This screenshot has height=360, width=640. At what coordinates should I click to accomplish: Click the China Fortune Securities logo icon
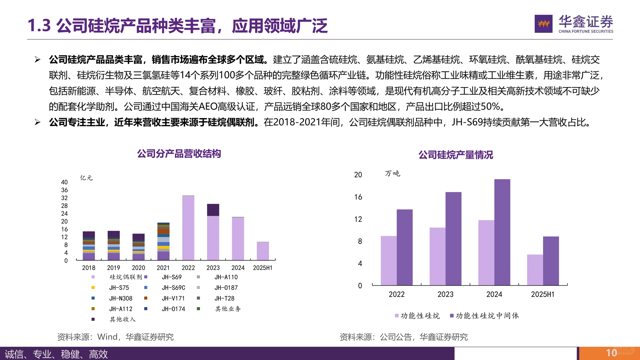tap(543, 24)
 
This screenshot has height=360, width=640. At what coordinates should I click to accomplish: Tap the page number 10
tap(611, 353)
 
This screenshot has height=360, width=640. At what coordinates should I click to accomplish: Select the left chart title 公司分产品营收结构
tap(179, 154)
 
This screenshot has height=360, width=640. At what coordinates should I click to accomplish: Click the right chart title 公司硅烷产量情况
tap(455, 155)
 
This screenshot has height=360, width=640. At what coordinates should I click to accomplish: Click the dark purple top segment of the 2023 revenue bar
tap(213, 210)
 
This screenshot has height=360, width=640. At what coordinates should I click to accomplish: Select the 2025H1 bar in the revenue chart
tap(263, 251)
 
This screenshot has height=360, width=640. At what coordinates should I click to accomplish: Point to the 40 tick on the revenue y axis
tap(64, 182)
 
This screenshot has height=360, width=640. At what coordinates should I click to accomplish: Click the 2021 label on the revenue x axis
tap(163, 268)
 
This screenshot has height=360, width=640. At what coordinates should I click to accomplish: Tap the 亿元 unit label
tap(86, 178)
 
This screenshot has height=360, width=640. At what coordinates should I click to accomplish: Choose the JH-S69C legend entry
tap(173, 288)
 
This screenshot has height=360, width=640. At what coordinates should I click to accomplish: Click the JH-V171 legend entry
tap(173, 298)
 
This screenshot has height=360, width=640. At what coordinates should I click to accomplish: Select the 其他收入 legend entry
tap(122, 319)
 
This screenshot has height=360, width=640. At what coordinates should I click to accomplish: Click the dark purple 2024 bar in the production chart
tap(502, 232)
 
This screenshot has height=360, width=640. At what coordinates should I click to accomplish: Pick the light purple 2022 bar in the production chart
tap(389, 260)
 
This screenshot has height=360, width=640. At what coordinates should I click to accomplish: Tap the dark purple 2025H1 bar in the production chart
tap(551, 261)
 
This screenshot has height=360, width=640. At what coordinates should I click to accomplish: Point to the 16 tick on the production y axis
tap(358, 197)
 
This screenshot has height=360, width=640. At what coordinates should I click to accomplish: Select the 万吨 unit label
tap(392, 174)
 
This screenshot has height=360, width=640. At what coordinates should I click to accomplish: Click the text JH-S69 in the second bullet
tap(467, 122)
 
